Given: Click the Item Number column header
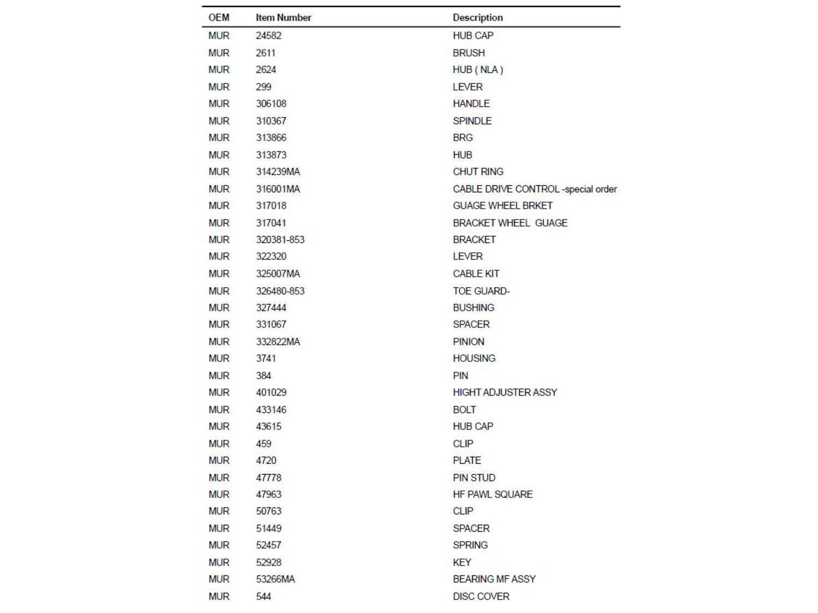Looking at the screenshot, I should tap(283, 17).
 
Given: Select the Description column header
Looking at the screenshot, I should tap(478, 17).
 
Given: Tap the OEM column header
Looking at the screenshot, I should tap(219, 17).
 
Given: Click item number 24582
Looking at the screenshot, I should tap(268, 35).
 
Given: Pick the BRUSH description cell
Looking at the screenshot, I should tap(468, 53).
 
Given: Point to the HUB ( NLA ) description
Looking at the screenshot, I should tap(478, 70).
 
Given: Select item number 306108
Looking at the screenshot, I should tap(271, 104).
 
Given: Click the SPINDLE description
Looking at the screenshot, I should tap(472, 121).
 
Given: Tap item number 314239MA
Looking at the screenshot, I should tap(278, 172).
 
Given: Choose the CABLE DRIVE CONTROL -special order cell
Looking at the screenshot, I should tap(534, 189).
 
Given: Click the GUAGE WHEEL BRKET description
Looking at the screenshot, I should tap(502, 205).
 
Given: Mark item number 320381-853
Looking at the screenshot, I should tap(280, 240).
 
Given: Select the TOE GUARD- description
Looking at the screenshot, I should tap(481, 291).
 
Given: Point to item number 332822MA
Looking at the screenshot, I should tap(278, 342).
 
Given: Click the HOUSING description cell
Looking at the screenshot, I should tap(474, 359).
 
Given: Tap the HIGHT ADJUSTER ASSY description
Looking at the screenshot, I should tap(504, 392).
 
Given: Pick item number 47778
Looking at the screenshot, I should tap(268, 478).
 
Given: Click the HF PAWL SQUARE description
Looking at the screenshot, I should tap(492, 494).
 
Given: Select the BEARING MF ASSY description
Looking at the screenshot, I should tap(494, 579).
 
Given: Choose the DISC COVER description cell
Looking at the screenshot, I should tap(480, 596).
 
